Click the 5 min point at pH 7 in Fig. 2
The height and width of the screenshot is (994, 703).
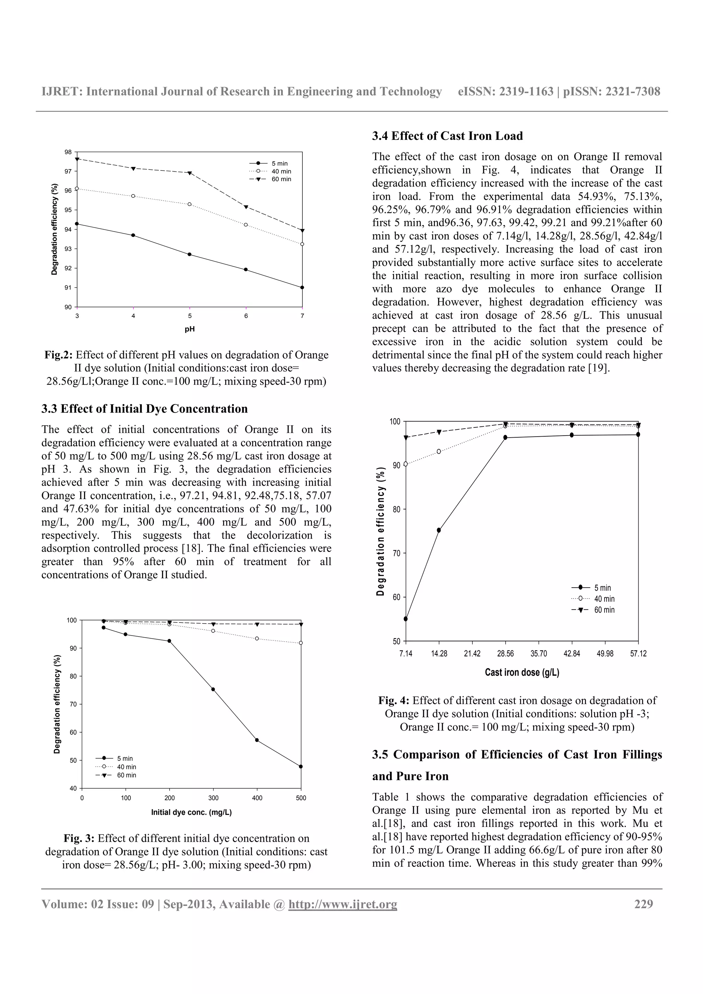tap(302, 287)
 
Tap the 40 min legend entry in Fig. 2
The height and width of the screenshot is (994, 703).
tap(271, 171)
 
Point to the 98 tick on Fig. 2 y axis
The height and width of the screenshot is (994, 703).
tap(68, 152)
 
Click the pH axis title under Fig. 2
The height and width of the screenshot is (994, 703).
tap(189, 329)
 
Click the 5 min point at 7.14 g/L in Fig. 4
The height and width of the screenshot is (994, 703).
tap(405, 619)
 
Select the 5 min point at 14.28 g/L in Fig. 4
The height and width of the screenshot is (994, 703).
tap(439, 530)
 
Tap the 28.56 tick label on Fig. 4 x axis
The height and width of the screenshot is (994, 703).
tap(505, 654)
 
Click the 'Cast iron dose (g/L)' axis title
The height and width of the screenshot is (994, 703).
tap(522, 672)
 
